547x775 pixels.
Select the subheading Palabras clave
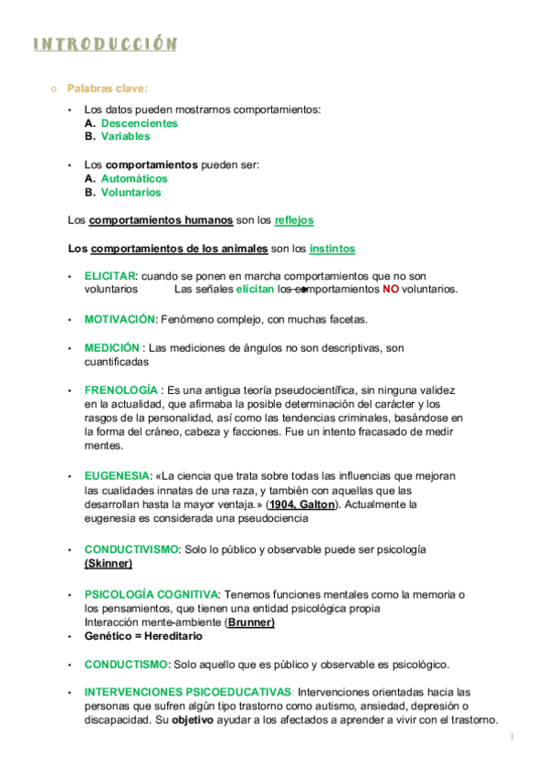[x=107, y=89]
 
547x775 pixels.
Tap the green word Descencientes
[x=139, y=123]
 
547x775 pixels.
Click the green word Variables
[x=125, y=136]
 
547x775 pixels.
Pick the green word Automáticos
[x=134, y=179]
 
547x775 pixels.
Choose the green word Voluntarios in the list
[x=131, y=193]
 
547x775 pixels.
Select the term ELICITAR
[x=110, y=276]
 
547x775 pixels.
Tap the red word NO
[x=391, y=290]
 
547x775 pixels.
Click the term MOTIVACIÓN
[x=120, y=320]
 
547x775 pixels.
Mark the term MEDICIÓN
[x=111, y=348]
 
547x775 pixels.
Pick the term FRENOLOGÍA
[x=120, y=390]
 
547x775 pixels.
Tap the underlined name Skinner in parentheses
[x=108, y=564]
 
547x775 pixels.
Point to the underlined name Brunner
[x=250, y=622]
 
